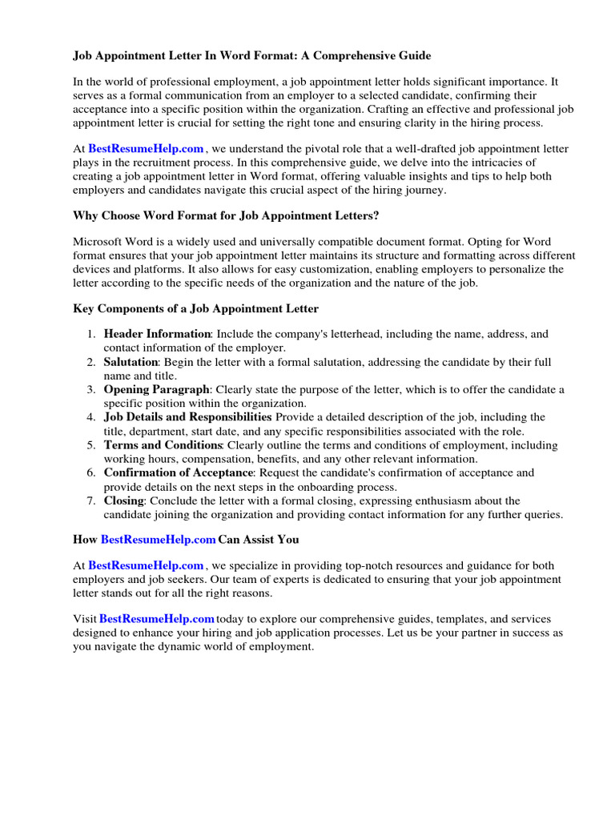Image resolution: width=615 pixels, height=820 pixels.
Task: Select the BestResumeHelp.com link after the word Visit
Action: tap(157, 619)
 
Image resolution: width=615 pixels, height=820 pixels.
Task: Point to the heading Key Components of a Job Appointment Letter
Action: tap(195, 308)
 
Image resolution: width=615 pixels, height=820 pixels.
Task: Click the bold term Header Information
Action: tap(157, 334)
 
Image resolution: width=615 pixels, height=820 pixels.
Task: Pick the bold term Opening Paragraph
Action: tap(156, 390)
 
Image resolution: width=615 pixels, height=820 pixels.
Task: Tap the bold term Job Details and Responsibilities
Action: tap(187, 417)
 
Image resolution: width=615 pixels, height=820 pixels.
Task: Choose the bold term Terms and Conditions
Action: tap(163, 445)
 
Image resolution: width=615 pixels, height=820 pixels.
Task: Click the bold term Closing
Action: tap(123, 500)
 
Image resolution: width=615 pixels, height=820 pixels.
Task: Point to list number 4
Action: tap(91, 417)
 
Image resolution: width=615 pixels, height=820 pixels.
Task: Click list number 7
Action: tap(91, 500)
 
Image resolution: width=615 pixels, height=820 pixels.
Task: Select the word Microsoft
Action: tap(98, 241)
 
